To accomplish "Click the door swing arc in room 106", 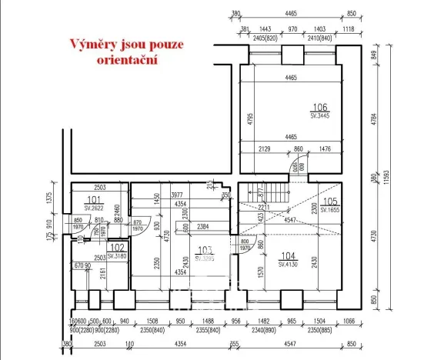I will [x=292, y=168].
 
